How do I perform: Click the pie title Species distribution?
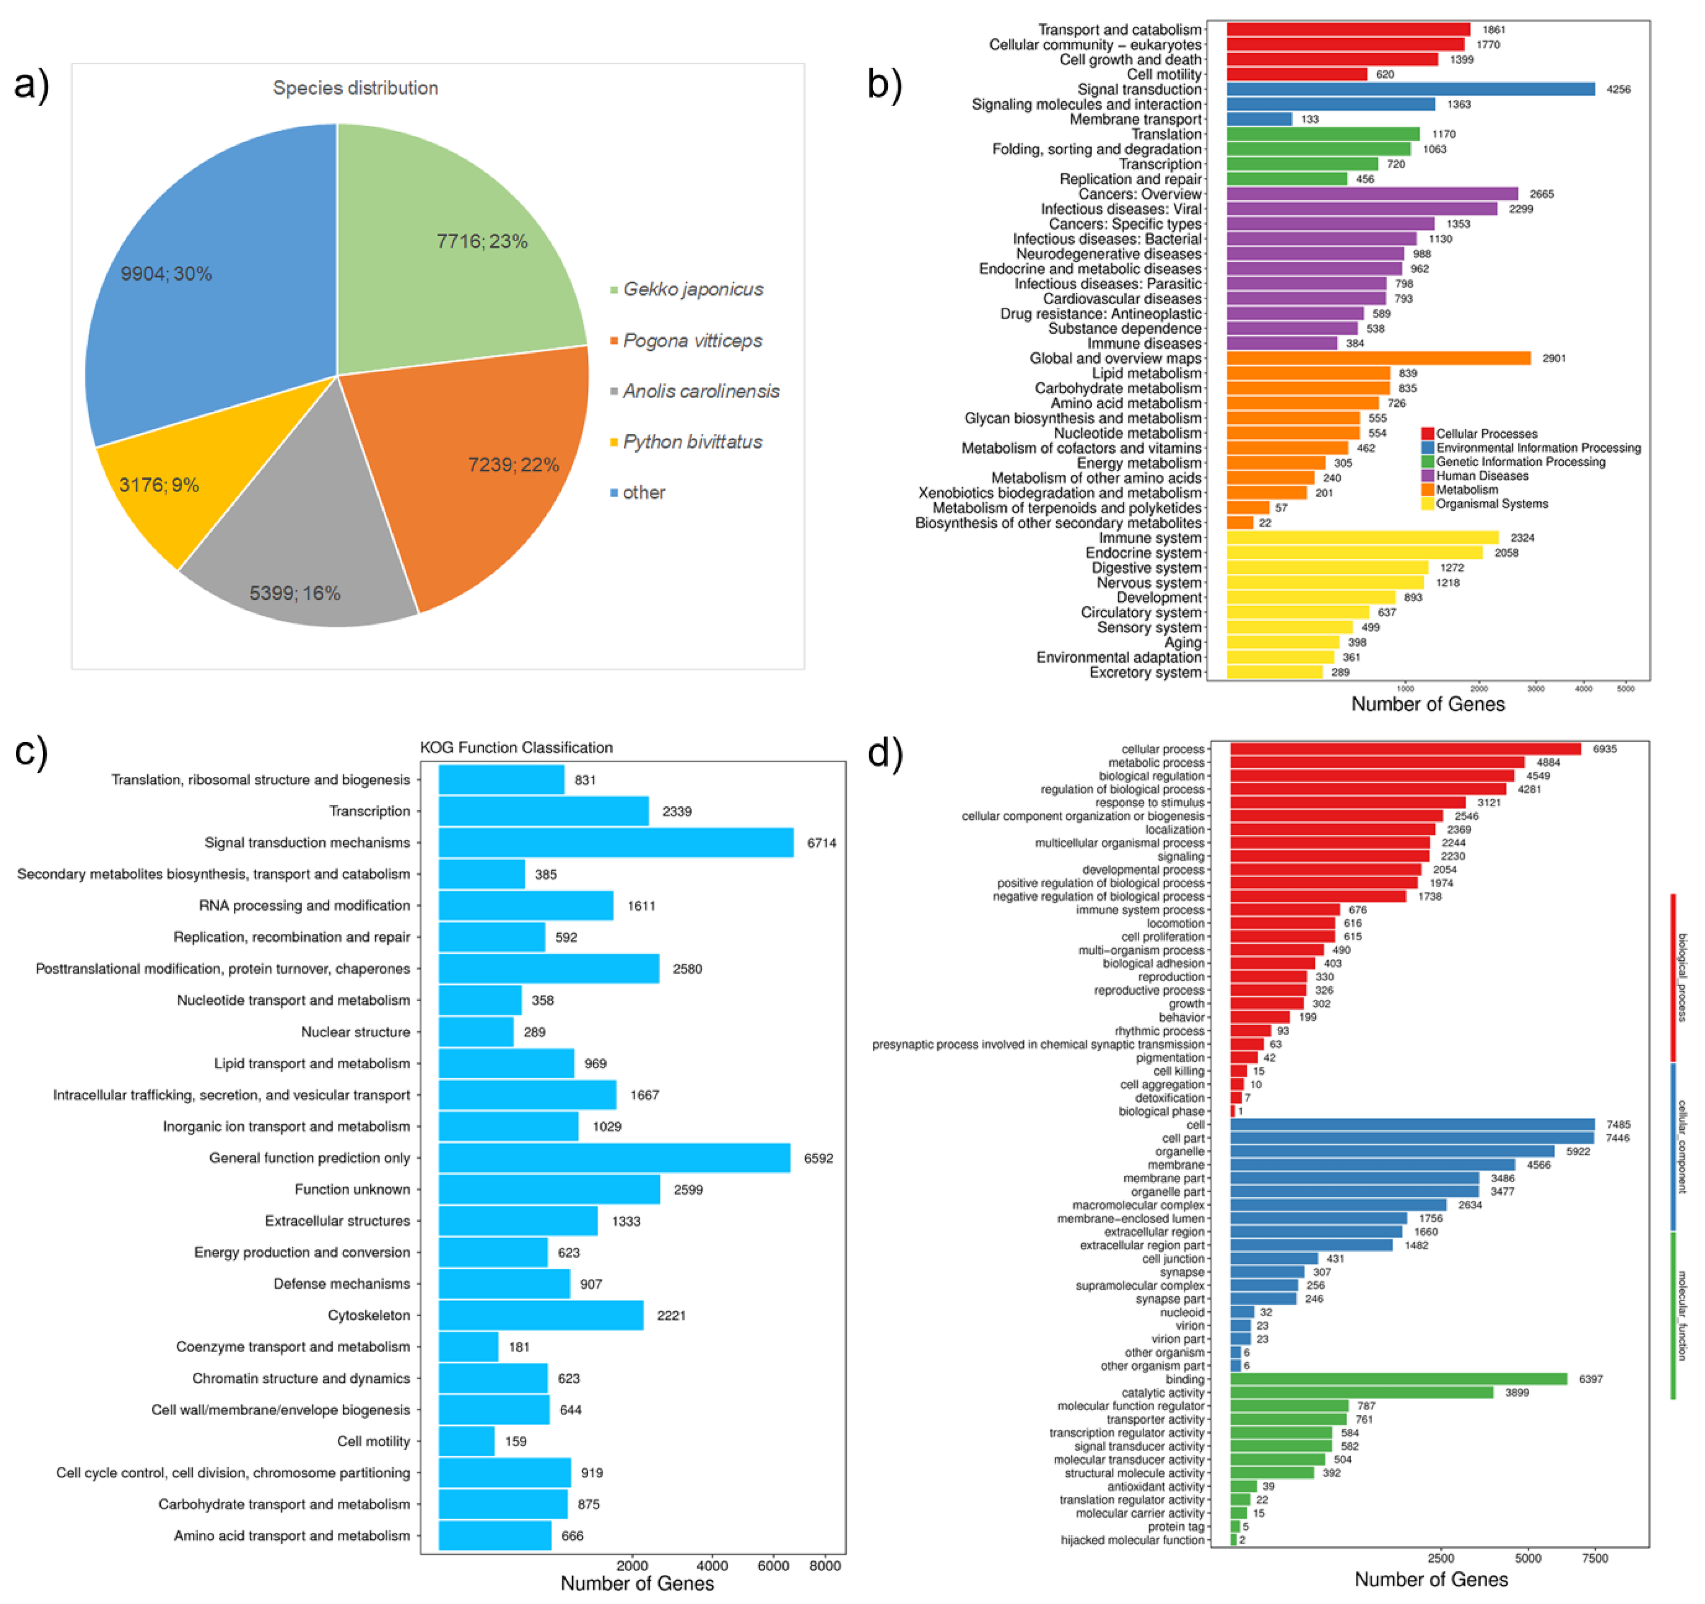click(355, 88)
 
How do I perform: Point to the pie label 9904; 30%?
click(166, 274)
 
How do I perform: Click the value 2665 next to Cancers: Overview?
click(1541, 194)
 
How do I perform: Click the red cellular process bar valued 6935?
click(1405, 749)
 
